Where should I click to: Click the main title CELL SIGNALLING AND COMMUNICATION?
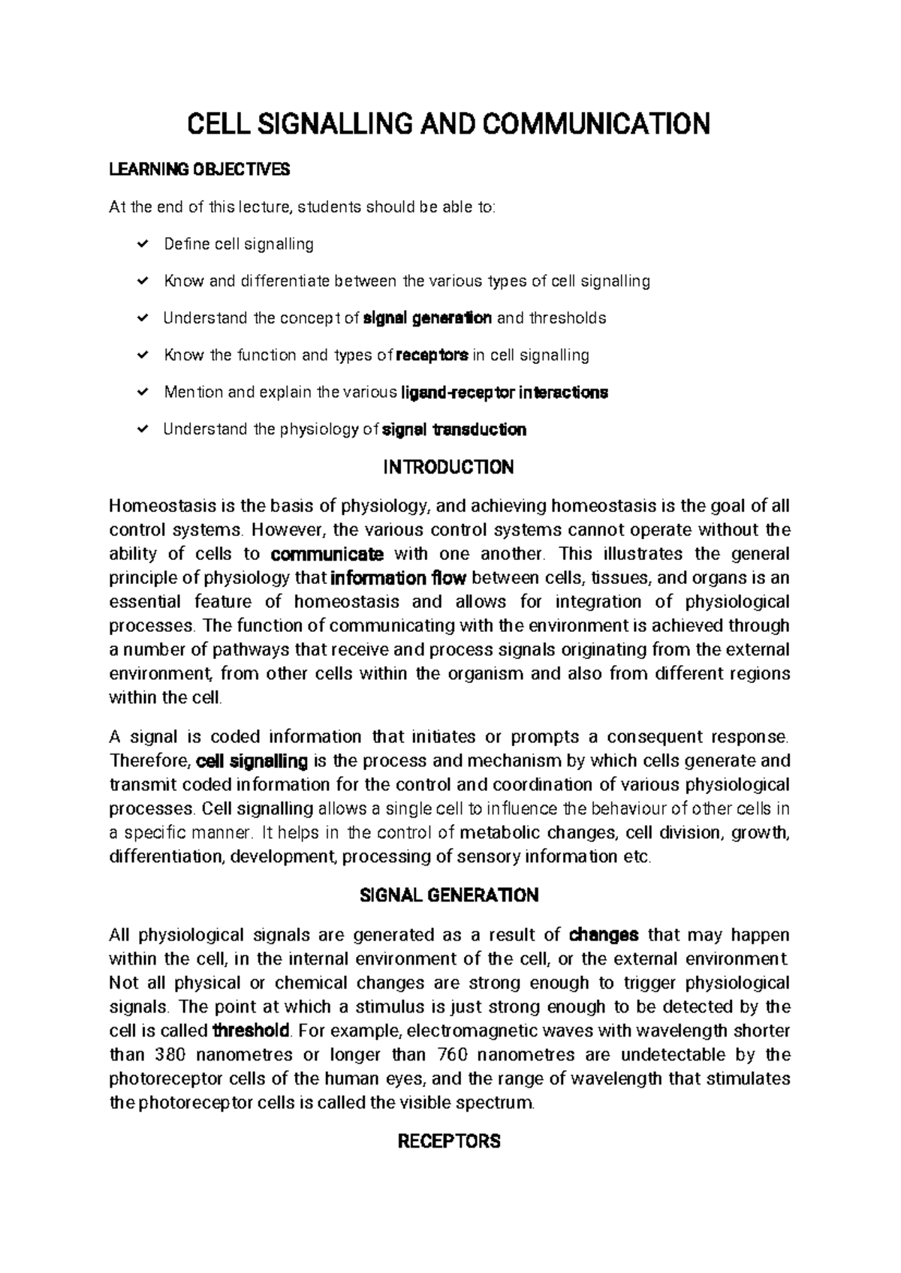447,124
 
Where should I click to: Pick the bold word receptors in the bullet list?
432,355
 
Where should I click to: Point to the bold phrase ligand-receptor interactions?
505,392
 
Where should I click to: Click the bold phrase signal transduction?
454,429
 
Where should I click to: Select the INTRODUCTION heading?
448,468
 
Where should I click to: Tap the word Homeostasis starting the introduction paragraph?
155,506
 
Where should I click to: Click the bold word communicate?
327,554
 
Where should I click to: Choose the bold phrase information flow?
399,578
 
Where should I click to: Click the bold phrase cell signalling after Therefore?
252,761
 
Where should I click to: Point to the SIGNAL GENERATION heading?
449,895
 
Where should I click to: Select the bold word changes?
604,934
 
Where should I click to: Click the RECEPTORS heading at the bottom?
448,1142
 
